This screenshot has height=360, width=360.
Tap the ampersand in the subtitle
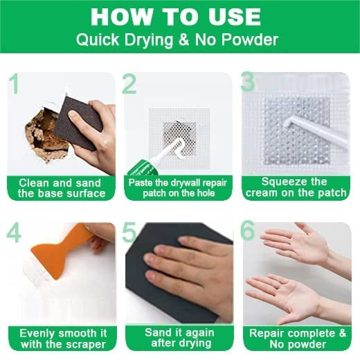(184, 39)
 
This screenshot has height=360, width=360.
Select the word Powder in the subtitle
(250, 39)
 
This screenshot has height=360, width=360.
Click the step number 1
(15, 83)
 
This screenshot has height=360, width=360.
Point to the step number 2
(129, 84)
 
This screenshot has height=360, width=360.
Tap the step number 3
(248, 81)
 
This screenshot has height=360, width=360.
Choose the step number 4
(14, 233)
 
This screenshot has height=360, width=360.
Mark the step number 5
(129, 233)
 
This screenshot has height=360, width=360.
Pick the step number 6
(248, 230)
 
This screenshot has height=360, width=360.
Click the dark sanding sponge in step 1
(78, 123)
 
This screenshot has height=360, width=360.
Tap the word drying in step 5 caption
(195, 343)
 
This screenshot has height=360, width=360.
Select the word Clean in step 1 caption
(34, 183)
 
